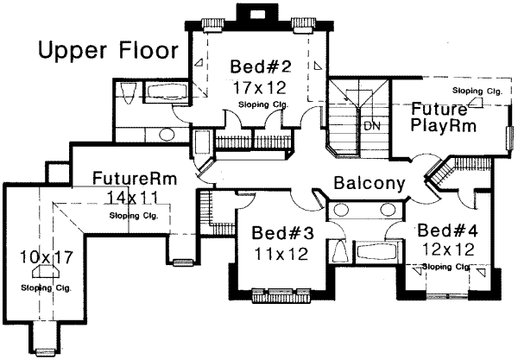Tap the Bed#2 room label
(259, 67)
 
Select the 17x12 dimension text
(259, 87)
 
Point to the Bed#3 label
(279, 233)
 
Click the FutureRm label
(135, 180)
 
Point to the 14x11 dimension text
(135, 198)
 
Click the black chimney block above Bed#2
(256, 14)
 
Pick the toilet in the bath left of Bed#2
(127, 92)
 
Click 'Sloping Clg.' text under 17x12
(264, 105)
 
